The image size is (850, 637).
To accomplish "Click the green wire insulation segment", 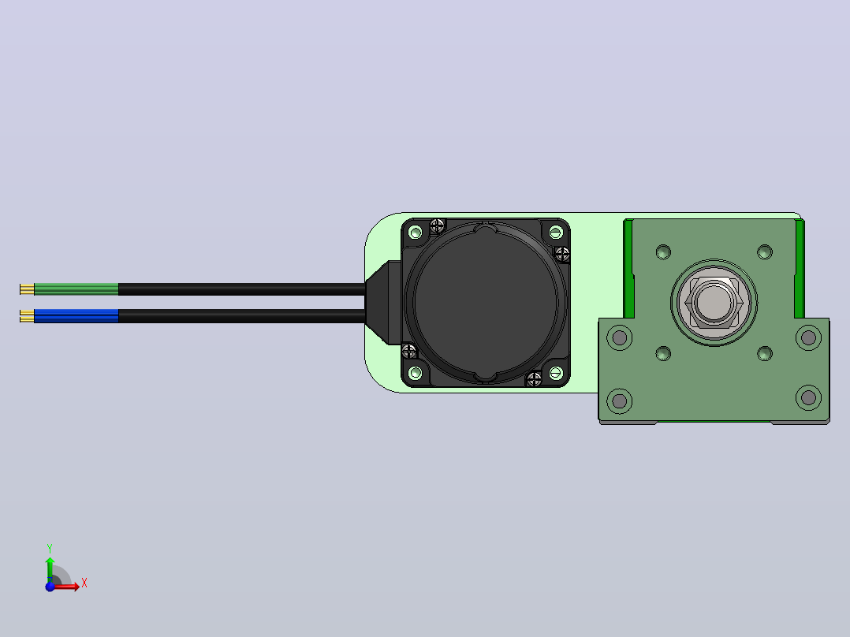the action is [76, 289].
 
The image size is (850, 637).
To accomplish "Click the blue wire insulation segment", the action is [76, 315].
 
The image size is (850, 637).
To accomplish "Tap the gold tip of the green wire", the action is [27, 289].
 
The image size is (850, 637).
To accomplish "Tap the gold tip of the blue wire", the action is [27, 316].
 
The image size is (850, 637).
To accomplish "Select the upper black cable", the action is [242, 289].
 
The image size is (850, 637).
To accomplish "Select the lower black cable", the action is [242, 316].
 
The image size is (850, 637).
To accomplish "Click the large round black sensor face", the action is [485, 303].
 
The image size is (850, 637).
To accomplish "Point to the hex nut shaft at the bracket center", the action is [714, 302].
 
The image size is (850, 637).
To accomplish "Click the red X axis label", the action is [84, 583].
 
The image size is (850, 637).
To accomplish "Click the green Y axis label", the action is [50, 549].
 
